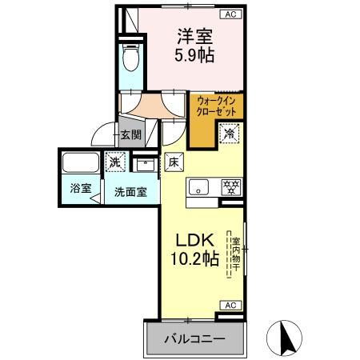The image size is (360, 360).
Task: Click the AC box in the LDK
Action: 230,305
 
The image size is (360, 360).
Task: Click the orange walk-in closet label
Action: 217,106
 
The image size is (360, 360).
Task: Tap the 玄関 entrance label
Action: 130,136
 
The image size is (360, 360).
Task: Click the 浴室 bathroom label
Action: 79,190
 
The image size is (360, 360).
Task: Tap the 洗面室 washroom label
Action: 129,191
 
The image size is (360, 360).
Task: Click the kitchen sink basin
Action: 198,188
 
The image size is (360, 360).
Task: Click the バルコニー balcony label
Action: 194,339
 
